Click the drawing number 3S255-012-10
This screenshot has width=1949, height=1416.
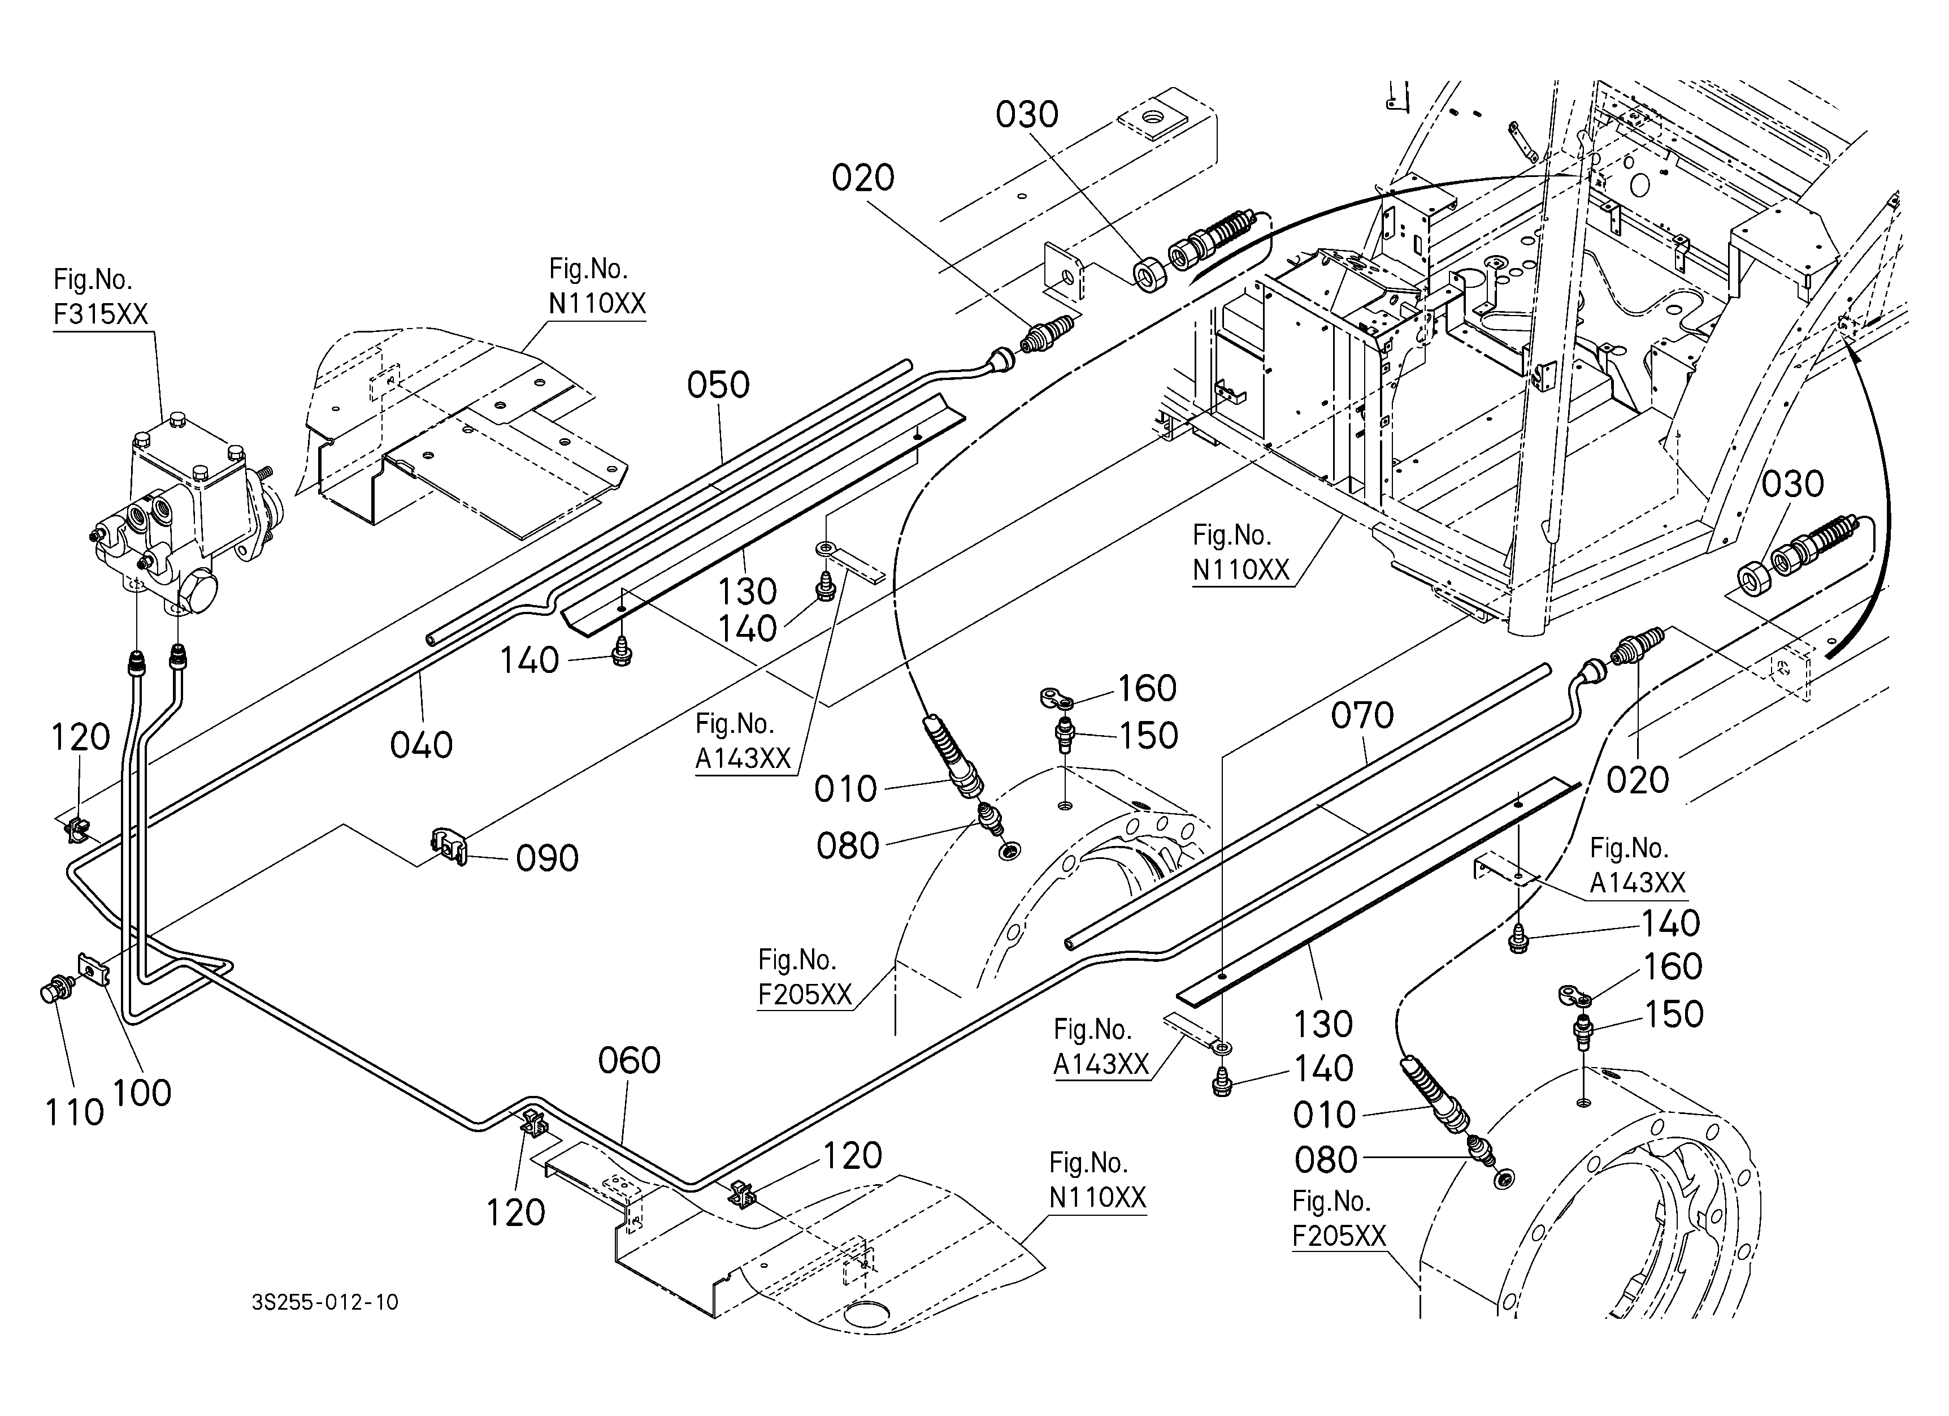click(325, 1302)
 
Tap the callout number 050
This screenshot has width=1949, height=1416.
click(718, 385)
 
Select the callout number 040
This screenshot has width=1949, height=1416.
click(421, 745)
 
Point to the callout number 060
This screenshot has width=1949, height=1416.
click(629, 1061)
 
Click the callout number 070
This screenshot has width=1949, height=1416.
click(1362, 715)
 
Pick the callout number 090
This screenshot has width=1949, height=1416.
click(548, 858)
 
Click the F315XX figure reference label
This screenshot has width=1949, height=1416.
click(101, 314)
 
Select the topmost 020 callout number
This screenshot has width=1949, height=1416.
click(863, 178)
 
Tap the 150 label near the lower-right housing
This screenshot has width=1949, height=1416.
click(1673, 1014)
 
